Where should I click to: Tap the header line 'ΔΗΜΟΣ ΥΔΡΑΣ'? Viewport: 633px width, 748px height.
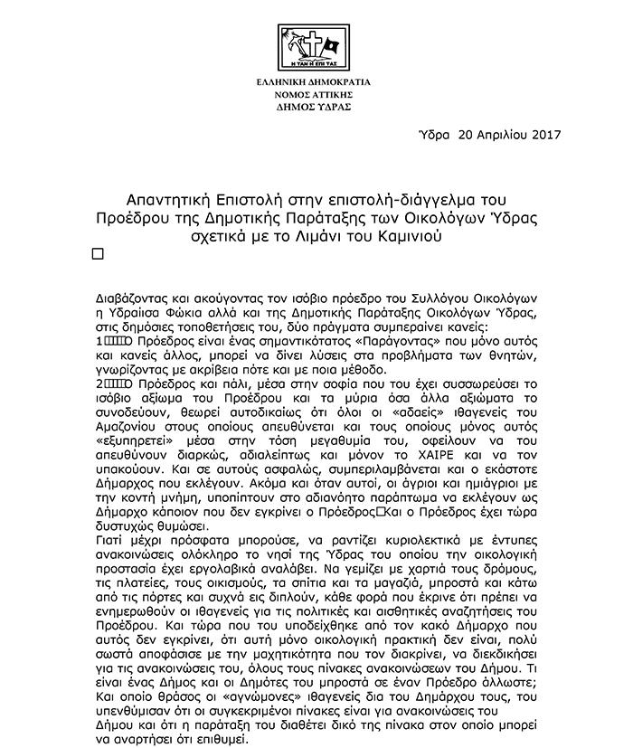[316, 106]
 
